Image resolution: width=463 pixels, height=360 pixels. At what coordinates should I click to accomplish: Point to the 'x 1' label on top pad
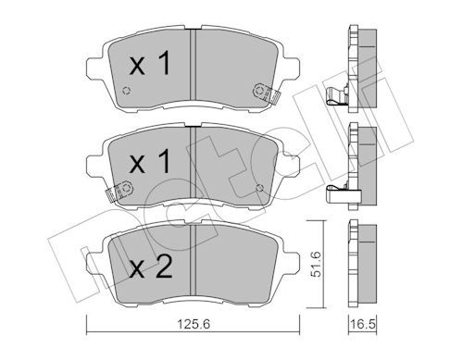(x=150, y=66)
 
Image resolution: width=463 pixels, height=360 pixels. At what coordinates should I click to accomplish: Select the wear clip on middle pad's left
(x=116, y=193)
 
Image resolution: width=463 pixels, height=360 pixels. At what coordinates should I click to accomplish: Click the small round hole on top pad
(x=126, y=91)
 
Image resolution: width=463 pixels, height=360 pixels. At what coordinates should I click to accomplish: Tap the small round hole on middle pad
(x=257, y=189)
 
